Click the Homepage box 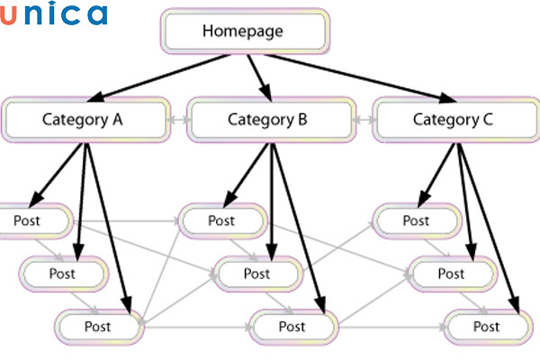242,31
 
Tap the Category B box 269,119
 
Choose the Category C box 454,119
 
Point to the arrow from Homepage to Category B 259,75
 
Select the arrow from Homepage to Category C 360,75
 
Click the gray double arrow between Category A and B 178,119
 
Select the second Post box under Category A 63,273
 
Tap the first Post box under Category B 220,220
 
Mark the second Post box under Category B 256,273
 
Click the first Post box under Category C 415,220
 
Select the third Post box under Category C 486,325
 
